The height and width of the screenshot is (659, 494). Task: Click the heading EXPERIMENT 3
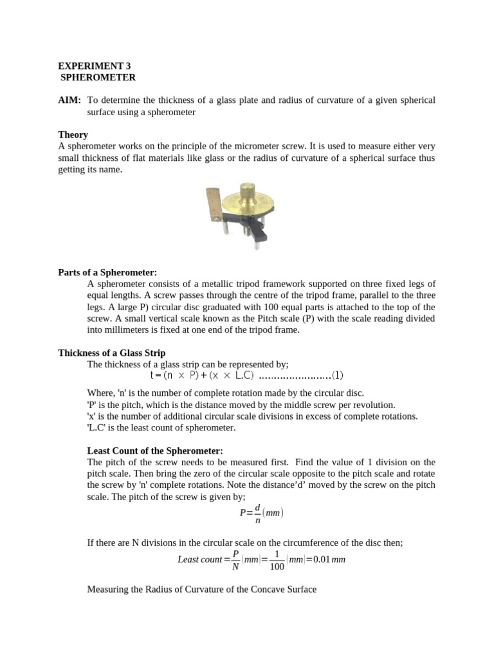click(95, 66)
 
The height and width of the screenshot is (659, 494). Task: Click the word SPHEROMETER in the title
click(98, 77)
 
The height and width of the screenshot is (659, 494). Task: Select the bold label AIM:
click(69, 100)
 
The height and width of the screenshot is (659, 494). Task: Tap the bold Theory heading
click(73, 135)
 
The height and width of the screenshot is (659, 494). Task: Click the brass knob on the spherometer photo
click(249, 194)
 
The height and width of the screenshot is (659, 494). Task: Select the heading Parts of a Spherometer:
click(107, 272)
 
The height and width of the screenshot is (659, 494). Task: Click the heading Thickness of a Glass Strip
click(112, 353)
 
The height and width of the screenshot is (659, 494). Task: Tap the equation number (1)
click(338, 376)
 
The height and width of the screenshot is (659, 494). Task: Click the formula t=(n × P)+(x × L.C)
click(202, 376)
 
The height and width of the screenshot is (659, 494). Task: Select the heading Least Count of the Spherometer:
click(155, 450)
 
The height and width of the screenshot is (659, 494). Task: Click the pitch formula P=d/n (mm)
click(261, 513)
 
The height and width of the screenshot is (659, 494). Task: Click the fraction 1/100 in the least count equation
click(276, 559)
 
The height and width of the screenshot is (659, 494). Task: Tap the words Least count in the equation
click(199, 559)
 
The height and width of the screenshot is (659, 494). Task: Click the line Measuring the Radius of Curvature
click(201, 589)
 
